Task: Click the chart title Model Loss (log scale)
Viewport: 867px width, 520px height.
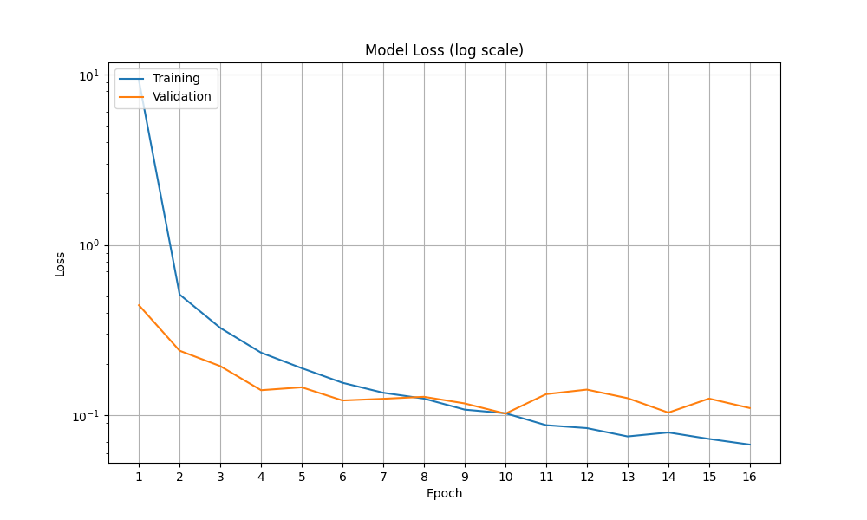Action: pos(444,50)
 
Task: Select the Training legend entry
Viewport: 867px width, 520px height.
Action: pos(176,78)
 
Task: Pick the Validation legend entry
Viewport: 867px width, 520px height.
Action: pos(181,96)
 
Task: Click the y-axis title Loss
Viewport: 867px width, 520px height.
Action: pos(61,263)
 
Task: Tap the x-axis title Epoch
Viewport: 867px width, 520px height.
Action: pos(444,493)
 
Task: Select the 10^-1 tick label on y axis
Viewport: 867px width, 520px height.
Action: pos(87,415)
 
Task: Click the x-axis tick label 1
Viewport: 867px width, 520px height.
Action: pos(139,477)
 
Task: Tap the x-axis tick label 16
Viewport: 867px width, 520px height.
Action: pos(750,477)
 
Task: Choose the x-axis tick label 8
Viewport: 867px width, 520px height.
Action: pos(424,477)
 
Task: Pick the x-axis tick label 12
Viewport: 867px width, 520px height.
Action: pos(587,477)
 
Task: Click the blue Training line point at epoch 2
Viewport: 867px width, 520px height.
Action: pos(179,295)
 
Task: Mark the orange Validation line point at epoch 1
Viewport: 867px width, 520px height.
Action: pos(139,305)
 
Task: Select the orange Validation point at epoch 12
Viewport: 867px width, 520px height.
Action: pos(587,389)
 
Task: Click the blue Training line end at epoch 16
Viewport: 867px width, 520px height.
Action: pos(750,445)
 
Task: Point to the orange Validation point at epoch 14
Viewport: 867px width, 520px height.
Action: pos(668,413)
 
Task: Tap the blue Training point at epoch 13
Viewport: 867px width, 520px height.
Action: pos(628,436)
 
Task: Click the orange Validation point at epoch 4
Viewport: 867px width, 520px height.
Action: pos(261,390)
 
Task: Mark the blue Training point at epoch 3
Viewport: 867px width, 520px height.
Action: pos(220,328)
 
